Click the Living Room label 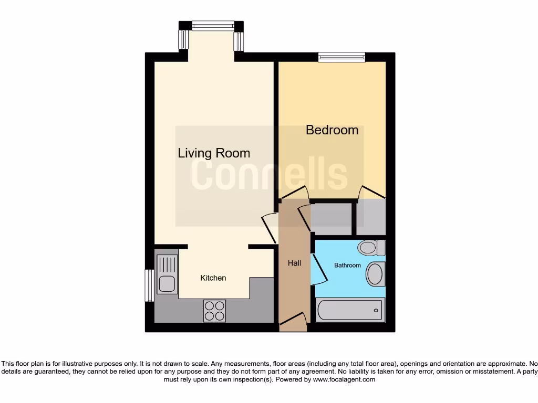pyautogui.click(x=214, y=153)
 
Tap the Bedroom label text pyautogui.click(x=332, y=130)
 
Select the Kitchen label pyautogui.click(x=213, y=278)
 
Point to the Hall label pyautogui.click(x=294, y=263)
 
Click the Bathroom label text pyautogui.click(x=347, y=266)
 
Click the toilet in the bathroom pyautogui.click(x=371, y=247)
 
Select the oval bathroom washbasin pyautogui.click(x=375, y=274)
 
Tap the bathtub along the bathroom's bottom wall pyautogui.click(x=350, y=310)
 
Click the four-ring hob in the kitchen pyautogui.click(x=214, y=310)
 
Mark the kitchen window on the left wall pyautogui.click(x=149, y=285)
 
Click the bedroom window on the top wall pyautogui.click(x=342, y=57)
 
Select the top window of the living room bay pyautogui.click(x=213, y=26)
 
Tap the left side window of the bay pyautogui.click(x=183, y=39)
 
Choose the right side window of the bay pyautogui.click(x=239, y=41)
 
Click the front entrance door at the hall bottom pyautogui.click(x=293, y=321)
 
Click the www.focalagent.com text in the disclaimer pyautogui.click(x=345, y=379)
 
